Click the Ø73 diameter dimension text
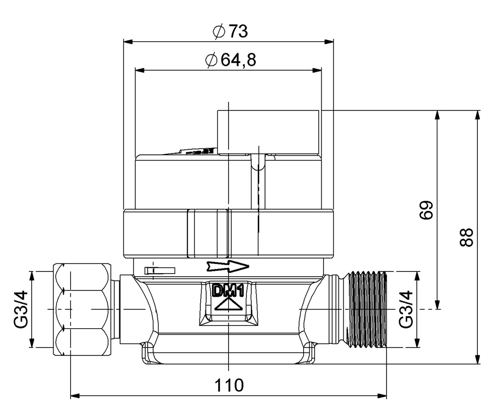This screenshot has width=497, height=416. [230, 32]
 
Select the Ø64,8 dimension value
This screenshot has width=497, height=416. [230, 60]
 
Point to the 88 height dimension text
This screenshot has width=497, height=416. [466, 237]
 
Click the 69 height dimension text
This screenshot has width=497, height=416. [426, 210]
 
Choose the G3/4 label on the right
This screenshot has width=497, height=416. [406, 309]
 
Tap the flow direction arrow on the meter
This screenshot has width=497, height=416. [228, 266]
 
